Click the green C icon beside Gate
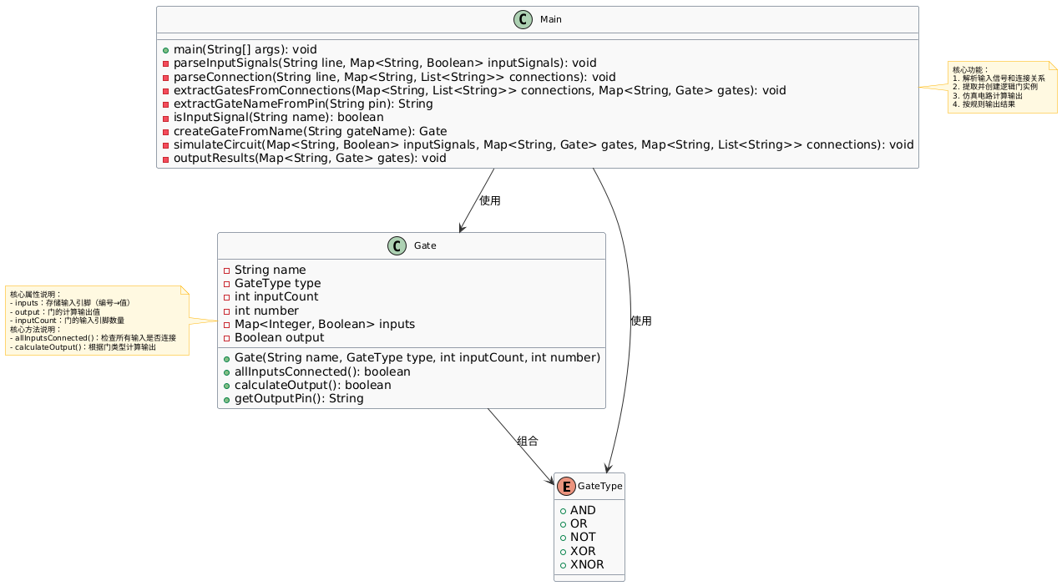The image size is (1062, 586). [397, 245]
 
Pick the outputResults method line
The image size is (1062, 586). [309, 158]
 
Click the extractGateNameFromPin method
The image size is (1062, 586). [303, 104]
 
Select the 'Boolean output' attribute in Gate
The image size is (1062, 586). [279, 338]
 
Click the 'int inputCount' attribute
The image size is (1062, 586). [276, 297]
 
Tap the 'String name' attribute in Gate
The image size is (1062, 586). [270, 270]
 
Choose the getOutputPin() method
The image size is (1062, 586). [299, 398]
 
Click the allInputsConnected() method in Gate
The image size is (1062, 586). [322, 371]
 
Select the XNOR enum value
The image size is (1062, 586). [587, 564]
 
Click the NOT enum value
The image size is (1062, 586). [584, 537]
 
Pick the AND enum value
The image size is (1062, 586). [584, 510]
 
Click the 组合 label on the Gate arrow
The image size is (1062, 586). [528, 441]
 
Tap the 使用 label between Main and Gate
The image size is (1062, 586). [490, 201]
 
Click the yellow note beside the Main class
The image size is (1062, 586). [1002, 87]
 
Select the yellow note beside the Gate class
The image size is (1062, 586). [97, 321]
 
